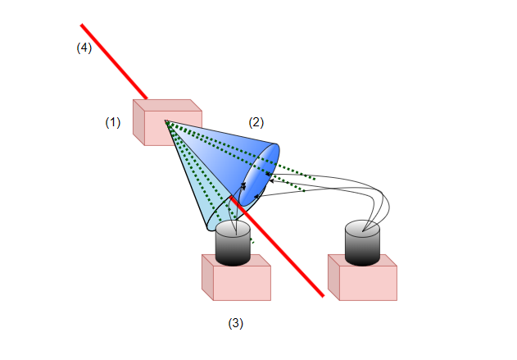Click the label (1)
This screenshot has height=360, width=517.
click(113, 122)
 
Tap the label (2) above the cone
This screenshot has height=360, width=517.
click(256, 122)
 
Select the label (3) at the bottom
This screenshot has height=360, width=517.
click(236, 323)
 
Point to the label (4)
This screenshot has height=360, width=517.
click(84, 48)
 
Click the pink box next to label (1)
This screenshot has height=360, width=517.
click(161, 127)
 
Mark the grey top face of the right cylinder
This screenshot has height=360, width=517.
click(362, 228)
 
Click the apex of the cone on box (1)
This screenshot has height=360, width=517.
click(166, 121)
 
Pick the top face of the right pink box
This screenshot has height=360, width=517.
click(362, 260)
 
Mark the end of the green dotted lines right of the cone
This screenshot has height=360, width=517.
click(313, 177)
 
